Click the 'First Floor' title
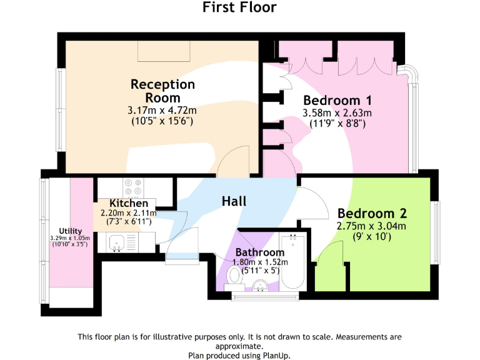pos(239,7)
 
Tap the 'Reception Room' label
pos(162,91)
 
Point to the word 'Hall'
pos(234,201)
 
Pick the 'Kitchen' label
pos(129,204)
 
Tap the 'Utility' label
pos(70,231)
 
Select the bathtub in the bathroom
pos(292,262)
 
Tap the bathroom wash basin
pos(262,285)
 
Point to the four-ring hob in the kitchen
pos(133,187)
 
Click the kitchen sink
pos(117,242)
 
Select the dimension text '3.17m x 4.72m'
pos(162,111)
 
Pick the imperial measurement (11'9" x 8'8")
pos(337,123)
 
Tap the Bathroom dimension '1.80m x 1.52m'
pos(260,262)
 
